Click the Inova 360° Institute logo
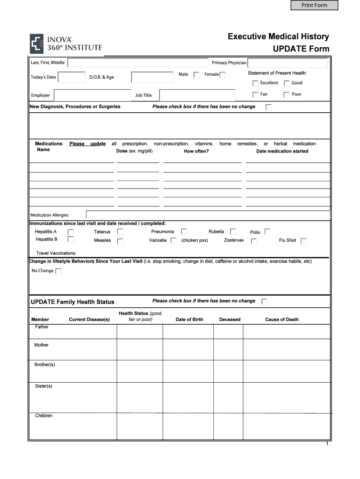pyautogui.click(x=66, y=44)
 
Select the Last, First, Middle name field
pyautogui.click(x=138, y=63)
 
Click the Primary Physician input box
pyautogui.click(x=288, y=63)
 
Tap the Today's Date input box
pyautogui.click(x=72, y=77)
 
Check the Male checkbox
pyautogui.click(x=196, y=75)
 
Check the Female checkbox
pyautogui.click(x=223, y=75)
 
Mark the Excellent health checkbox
pyautogui.click(x=255, y=83)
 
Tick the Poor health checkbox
pyautogui.click(x=287, y=94)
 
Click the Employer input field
pyautogui.click(x=93, y=95)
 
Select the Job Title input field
pyautogui.click(x=198, y=95)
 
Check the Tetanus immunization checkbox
pyautogui.click(x=120, y=232)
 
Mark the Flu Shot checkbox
pyautogui.click(x=303, y=241)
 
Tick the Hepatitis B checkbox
pyautogui.click(x=71, y=239)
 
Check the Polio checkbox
pyautogui.click(x=267, y=232)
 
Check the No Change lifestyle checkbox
pyautogui.click(x=58, y=271)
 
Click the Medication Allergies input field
pyautogui.click(x=208, y=215)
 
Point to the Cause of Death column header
pyautogui.click(x=281, y=319)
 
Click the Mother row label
pyautogui.click(x=41, y=345)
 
